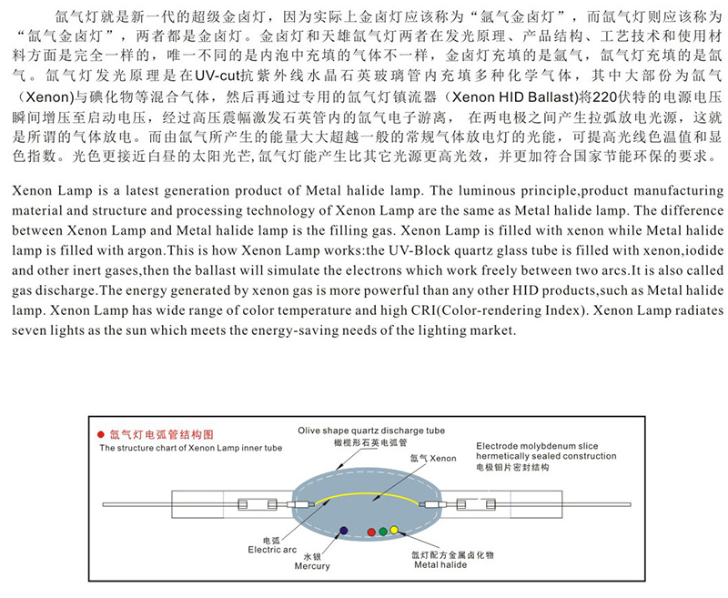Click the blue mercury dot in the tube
tap(342, 529)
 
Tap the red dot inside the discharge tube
tap(370, 531)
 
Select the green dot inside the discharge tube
tap(382, 530)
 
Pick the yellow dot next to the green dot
tap(394, 529)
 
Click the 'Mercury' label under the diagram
tap(312, 566)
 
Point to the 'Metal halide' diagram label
tap(440, 565)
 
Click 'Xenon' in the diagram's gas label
tap(443, 458)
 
